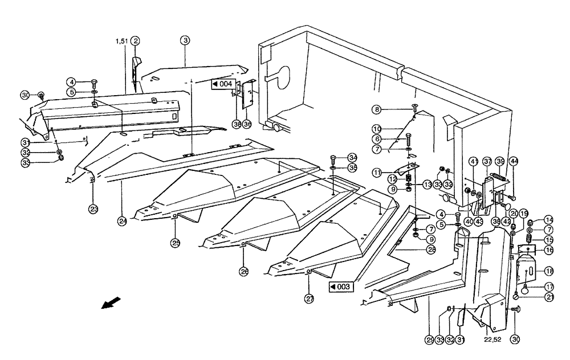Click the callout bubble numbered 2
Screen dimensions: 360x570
coord(135,40)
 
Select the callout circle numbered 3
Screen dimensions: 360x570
coord(185,40)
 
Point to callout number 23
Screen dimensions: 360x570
coord(93,207)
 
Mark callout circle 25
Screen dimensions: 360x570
coord(175,242)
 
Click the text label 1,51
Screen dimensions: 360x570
coord(121,41)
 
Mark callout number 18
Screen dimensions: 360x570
coord(548,271)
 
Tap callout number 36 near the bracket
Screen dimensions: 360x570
coord(247,124)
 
